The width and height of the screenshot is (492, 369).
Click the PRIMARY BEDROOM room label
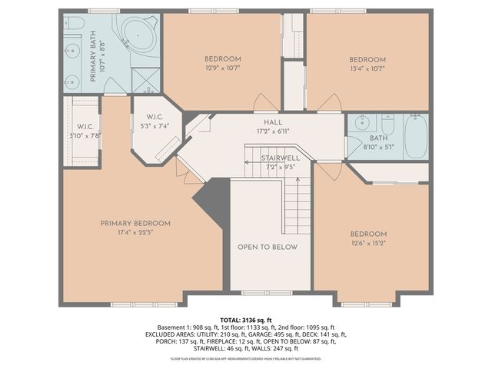coord(135,224)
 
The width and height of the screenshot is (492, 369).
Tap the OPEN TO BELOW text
coord(267,248)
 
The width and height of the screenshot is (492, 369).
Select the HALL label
coord(273,122)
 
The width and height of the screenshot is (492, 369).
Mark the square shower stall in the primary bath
coord(144,79)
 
